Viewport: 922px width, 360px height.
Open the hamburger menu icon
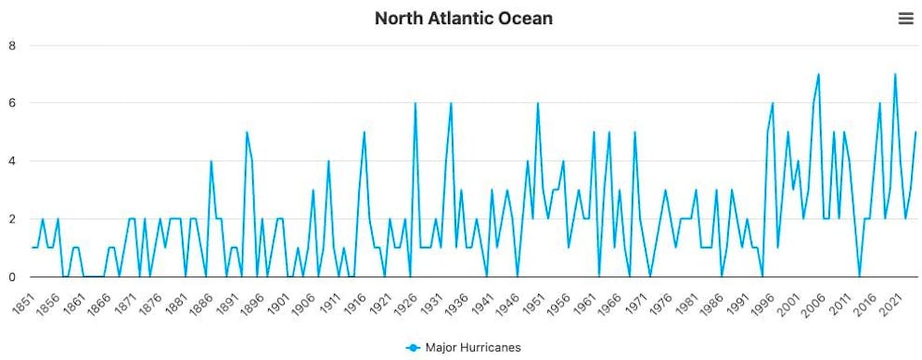pos(905,19)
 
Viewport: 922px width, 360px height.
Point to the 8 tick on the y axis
pos(11,45)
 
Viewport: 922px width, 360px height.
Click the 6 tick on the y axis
pos(11,103)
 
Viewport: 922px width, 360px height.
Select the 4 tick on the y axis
pos(11,161)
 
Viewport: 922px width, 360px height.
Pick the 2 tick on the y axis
pos(11,219)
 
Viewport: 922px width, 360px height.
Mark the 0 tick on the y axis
pos(11,276)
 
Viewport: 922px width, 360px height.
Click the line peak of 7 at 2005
pos(818,74)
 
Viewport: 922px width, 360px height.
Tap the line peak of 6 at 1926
pos(415,103)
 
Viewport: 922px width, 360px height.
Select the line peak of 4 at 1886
pos(211,161)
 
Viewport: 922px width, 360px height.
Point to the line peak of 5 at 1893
pos(247,132)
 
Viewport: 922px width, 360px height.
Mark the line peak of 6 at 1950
pos(537,103)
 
